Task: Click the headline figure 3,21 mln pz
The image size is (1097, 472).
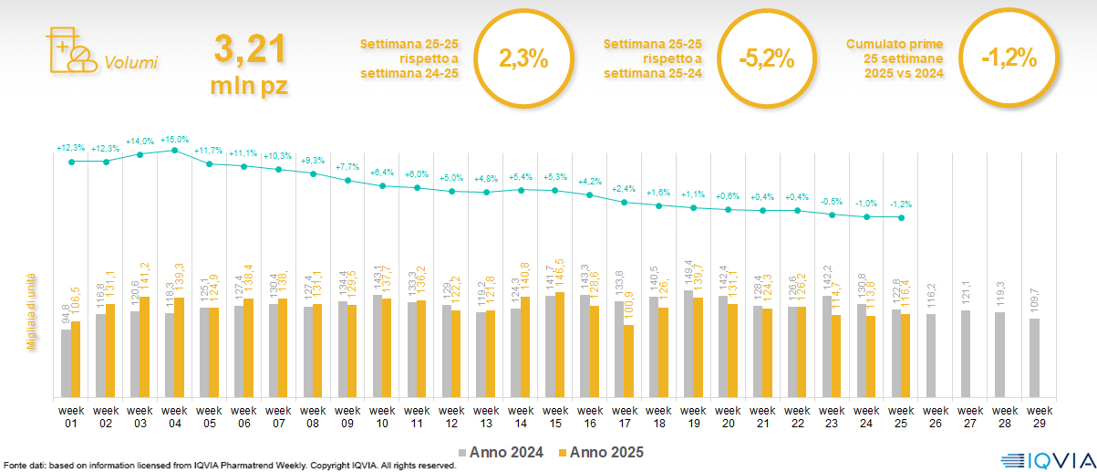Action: click(249, 62)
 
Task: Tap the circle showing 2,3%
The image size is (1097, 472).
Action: click(523, 59)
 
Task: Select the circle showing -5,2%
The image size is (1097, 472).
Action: click(766, 59)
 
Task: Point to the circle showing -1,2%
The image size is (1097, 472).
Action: click(1009, 59)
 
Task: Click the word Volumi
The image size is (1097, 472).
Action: click(131, 63)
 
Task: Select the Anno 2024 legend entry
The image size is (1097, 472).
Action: click(503, 452)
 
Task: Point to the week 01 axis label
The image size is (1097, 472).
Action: click(71, 415)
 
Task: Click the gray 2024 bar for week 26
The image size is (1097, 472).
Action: click(931, 355)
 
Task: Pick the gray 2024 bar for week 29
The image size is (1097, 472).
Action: click(1034, 358)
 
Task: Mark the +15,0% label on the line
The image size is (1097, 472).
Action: click(174, 140)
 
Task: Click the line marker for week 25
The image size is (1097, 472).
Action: click(901, 217)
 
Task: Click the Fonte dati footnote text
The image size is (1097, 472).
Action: click(228, 466)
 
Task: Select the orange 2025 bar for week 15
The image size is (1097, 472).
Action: click(559, 344)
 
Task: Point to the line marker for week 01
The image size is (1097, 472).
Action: click(71, 162)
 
